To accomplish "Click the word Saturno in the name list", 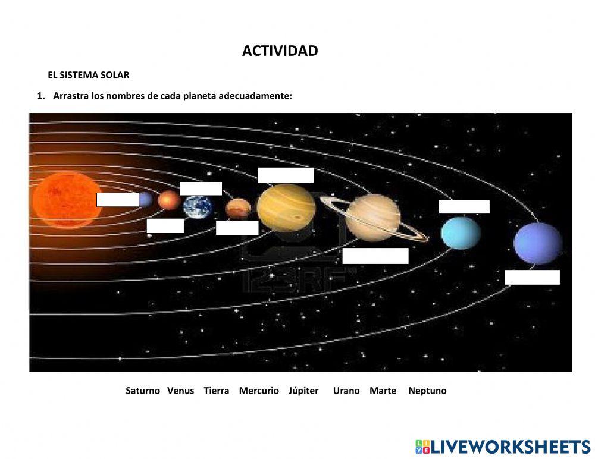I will (x=143, y=391).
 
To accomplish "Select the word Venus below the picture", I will (x=180, y=391).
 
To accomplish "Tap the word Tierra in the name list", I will (x=216, y=391).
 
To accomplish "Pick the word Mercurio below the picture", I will (x=259, y=391).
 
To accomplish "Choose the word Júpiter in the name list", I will (x=303, y=391).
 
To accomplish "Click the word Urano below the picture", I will (x=346, y=391).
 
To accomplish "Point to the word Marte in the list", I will (x=383, y=391).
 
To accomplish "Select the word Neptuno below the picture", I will (x=427, y=391).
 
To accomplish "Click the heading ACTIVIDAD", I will (x=280, y=51).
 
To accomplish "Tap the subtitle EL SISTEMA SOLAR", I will (x=88, y=75).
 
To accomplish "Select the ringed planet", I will (x=372, y=218).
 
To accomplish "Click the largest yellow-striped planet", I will (x=286, y=206).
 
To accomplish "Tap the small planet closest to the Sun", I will (x=145, y=199).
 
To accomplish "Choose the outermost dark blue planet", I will (x=537, y=243).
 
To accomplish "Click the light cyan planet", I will (x=461, y=232).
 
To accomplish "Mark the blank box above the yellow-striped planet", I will (x=286, y=175).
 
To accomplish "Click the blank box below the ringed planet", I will (x=375, y=256).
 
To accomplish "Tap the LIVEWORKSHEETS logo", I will (x=503, y=447).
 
